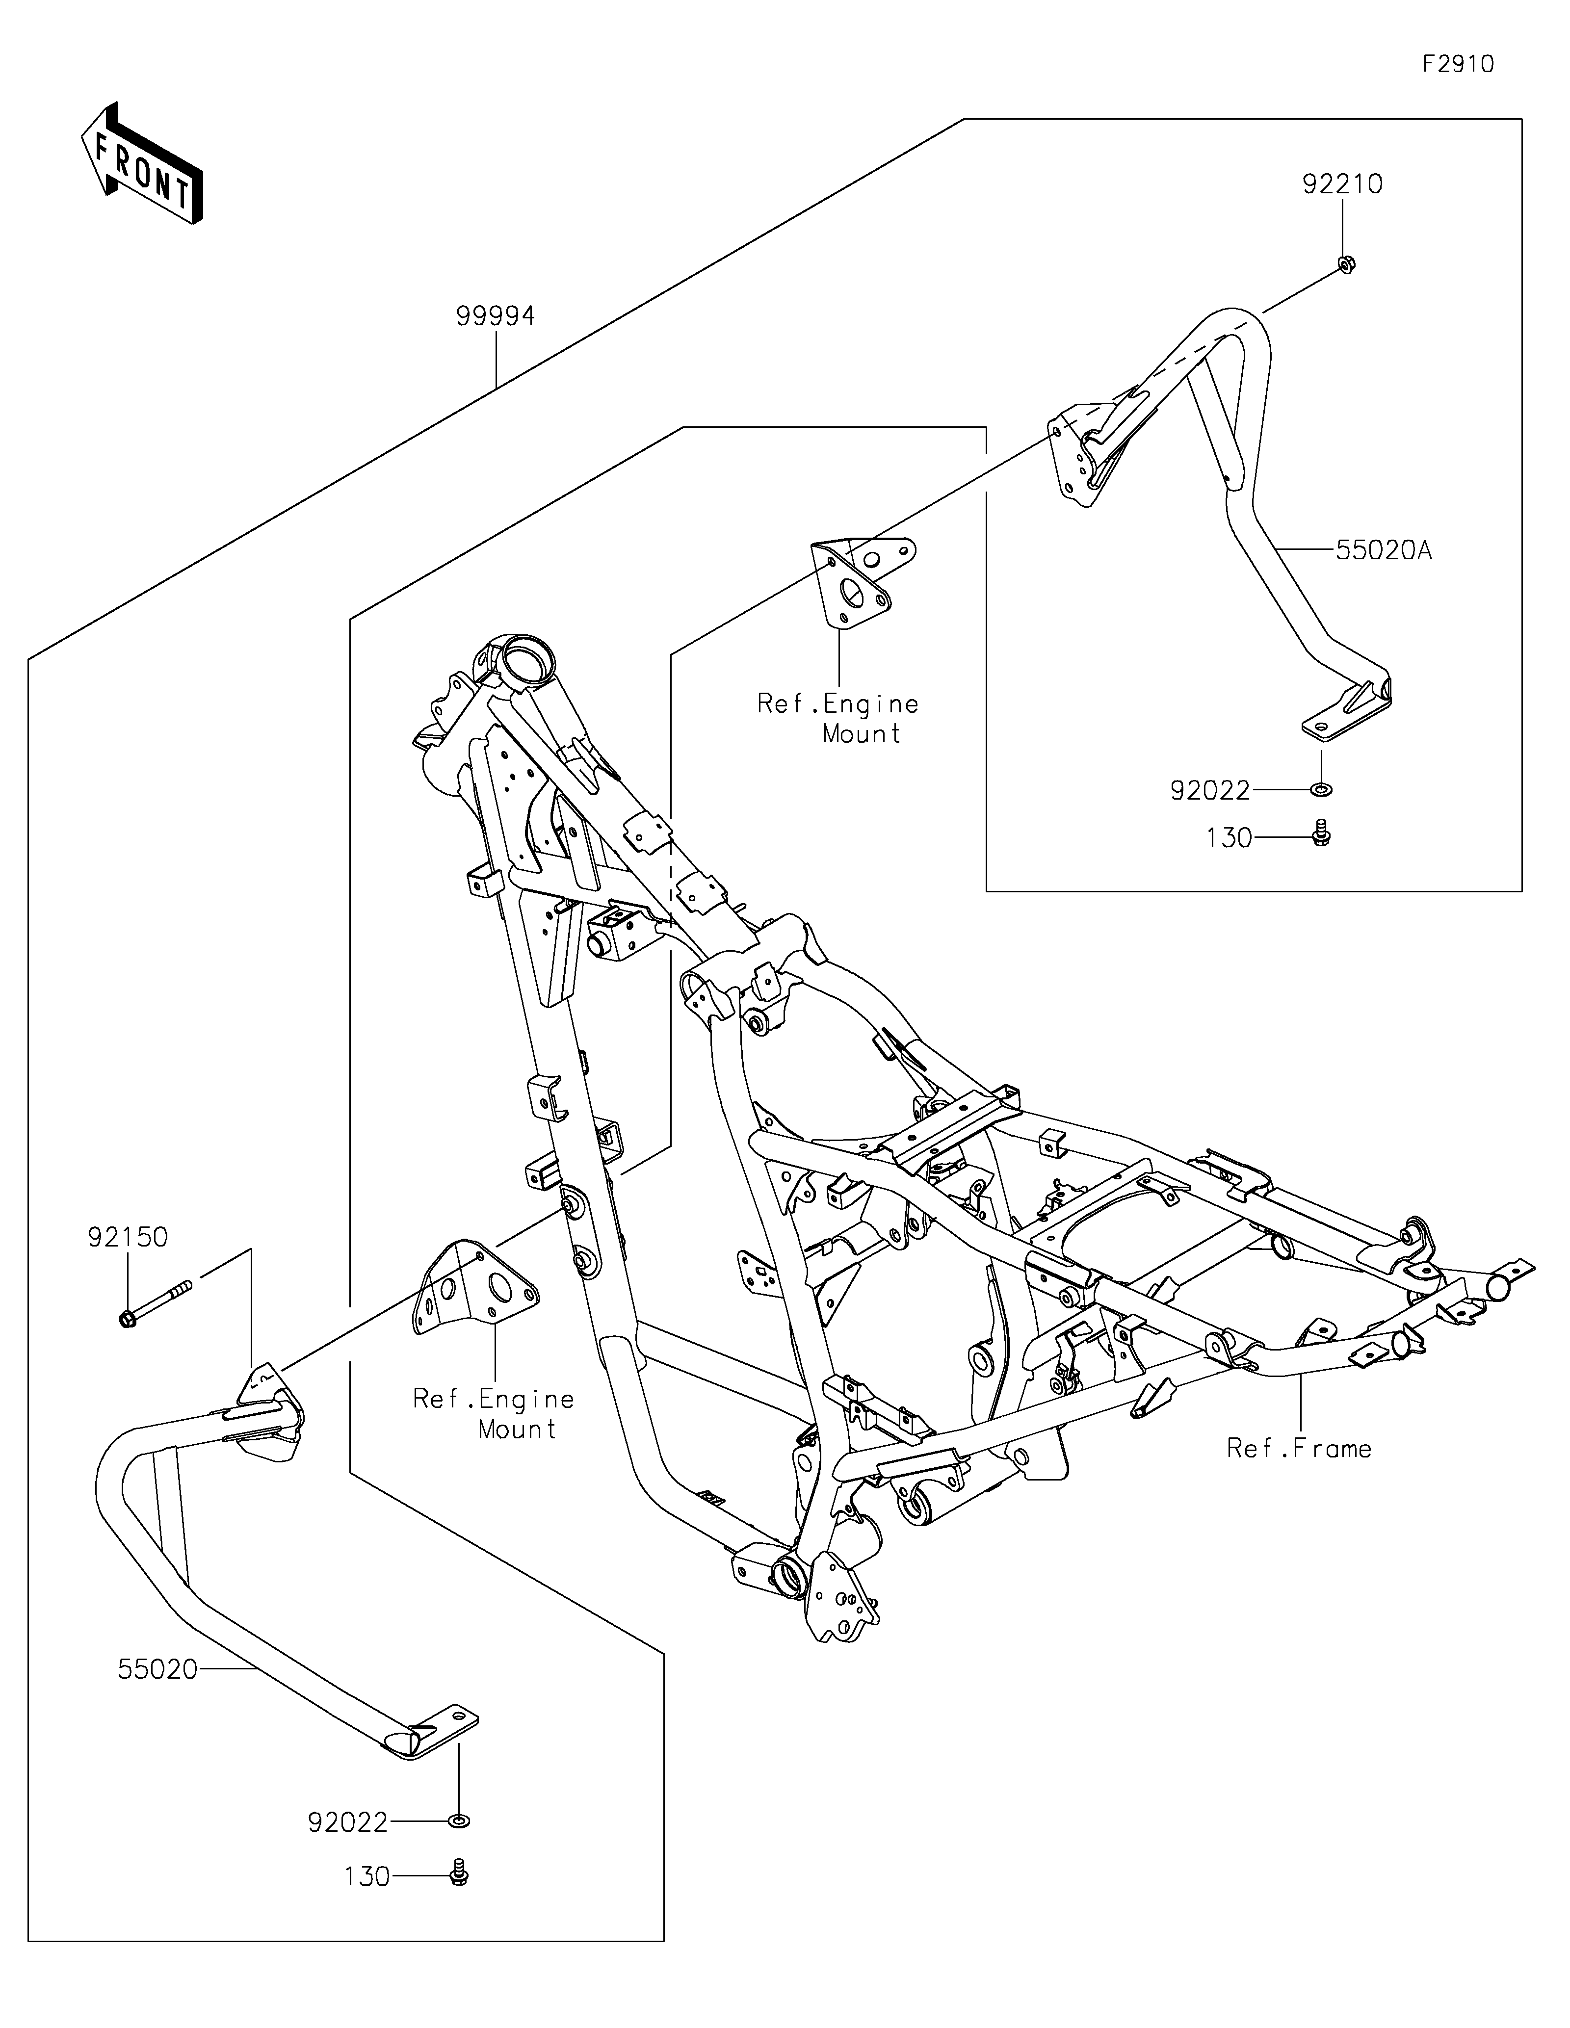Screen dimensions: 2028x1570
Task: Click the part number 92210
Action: point(1342,185)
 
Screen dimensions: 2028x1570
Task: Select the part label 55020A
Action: point(1384,550)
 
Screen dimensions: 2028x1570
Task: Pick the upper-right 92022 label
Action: point(1210,791)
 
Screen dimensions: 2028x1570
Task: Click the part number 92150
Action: point(128,1238)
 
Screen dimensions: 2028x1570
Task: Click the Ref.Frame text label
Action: point(1298,1449)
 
